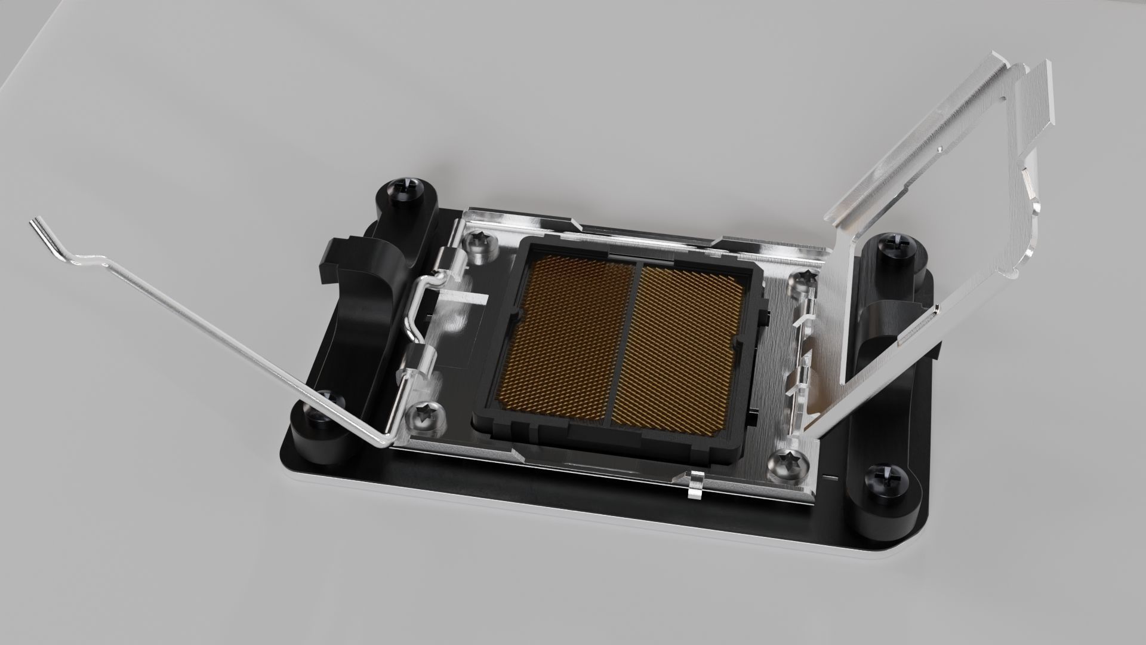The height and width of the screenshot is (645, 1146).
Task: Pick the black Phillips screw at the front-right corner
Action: pos(882,480)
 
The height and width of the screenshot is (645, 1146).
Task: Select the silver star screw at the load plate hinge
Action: pos(802,283)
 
